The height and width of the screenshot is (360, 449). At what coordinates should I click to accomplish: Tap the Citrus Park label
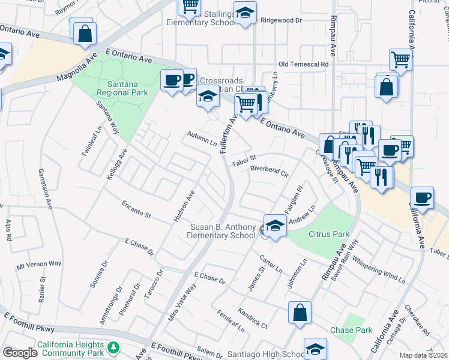(328, 233)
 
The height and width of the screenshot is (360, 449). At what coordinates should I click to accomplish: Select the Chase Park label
(351, 330)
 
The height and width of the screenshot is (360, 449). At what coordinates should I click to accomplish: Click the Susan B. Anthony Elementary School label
(221, 231)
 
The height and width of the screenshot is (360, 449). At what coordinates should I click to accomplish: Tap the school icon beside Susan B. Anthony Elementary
(275, 226)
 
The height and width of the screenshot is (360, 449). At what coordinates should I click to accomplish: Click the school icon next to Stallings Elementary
(244, 13)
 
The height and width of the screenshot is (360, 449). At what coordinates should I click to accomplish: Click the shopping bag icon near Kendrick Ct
(300, 313)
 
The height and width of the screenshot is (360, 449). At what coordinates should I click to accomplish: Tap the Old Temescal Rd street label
(304, 64)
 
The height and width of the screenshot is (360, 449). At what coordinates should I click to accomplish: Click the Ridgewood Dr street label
(281, 20)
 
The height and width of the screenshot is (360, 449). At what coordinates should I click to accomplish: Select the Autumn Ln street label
(202, 139)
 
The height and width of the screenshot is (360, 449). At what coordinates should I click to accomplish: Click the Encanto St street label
(136, 210)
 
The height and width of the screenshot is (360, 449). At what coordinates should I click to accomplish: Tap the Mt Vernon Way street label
(39, 264)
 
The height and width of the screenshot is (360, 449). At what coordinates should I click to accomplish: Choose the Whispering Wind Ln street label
(379, 270)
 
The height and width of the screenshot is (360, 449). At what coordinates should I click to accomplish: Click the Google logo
(20, 353)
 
